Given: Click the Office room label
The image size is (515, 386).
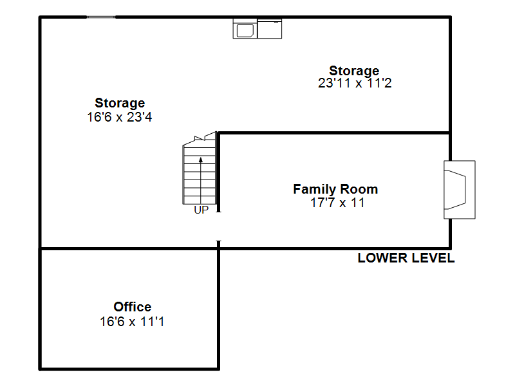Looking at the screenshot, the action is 133,307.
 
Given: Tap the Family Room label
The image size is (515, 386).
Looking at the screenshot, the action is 335,189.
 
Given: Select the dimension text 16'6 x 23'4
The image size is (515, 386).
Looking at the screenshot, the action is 120,117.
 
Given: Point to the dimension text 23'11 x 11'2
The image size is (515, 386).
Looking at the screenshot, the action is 355,83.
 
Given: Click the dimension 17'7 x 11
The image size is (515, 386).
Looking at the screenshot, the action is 337,203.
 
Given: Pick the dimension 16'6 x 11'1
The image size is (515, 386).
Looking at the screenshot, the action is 132,322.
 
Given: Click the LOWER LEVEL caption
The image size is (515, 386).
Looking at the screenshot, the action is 406,258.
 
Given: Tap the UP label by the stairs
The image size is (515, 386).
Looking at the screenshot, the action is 201,210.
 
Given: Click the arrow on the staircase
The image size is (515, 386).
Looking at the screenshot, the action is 201,181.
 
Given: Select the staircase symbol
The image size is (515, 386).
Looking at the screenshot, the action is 200,168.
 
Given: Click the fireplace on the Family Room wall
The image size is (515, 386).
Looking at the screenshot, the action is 460,189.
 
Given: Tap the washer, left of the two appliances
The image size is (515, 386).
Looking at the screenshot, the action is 245,29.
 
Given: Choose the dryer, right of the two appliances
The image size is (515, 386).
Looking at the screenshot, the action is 270,29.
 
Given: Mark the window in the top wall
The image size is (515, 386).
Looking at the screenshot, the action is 101,17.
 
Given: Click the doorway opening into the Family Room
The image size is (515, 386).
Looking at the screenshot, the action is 218,226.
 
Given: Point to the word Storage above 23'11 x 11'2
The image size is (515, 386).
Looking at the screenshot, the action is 354,71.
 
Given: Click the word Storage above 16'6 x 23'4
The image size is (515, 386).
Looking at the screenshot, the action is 120,103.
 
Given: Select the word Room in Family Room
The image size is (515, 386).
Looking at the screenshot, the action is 359,189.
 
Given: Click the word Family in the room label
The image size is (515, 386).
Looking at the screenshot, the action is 315,189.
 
